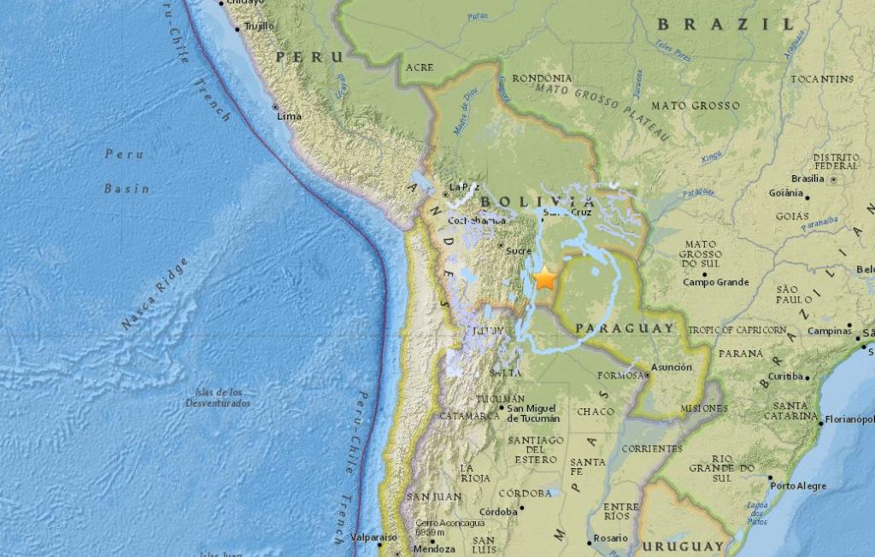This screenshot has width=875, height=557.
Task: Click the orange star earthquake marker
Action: point(544,278)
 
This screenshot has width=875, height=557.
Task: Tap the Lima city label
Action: point(289,115)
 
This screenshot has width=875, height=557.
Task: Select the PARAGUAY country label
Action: point(625,328)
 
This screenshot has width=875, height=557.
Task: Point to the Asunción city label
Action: point(671,366)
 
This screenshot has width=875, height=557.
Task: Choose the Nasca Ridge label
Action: point(155,293)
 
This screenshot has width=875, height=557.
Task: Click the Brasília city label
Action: point(807,179)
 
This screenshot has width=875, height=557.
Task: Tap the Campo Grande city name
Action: point(715,282)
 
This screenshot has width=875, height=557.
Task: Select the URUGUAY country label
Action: point(683,546)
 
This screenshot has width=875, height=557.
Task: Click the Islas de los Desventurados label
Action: point(218,397)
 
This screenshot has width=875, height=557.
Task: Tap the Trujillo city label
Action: point(259,26)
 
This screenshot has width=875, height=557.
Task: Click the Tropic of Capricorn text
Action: point(737,330)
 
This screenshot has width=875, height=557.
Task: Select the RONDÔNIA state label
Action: point(542,79)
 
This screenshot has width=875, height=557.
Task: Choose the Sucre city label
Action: point(519,252)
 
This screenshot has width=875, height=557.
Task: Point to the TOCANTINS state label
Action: point(821,79)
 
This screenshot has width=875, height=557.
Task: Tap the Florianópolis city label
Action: point(849,419)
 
